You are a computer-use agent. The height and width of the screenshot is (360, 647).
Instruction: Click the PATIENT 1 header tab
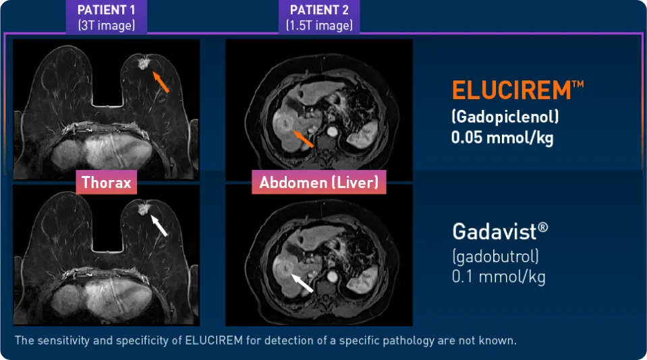tap(107, 17)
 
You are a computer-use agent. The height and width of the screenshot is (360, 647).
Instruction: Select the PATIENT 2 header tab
tap(319, 17)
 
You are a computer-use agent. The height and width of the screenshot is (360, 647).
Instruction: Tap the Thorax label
tap(107, 182)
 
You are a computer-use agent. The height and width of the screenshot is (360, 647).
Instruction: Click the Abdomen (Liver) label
tap(319, 182)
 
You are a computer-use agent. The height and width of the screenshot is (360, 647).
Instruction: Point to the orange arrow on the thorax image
tap(161, 82)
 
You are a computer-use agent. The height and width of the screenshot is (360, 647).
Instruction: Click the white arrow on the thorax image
tap(159, 226)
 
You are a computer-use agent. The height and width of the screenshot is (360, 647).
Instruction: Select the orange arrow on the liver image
tap(304, 139)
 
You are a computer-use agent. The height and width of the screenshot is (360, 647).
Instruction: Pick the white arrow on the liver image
tap(302, 283)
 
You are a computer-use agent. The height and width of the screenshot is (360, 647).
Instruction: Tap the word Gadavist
tap(495, 231)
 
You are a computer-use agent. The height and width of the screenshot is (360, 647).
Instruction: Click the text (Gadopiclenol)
tap(505, 117)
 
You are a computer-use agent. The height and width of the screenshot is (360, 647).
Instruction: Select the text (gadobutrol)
tap(496, 256)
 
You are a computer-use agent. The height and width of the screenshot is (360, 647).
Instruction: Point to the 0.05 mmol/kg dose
tap(502, 138)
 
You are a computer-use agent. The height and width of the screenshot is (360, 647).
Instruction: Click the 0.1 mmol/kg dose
tap(499, 276)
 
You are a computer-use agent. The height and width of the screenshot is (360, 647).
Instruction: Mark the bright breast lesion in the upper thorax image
tap(143, 63)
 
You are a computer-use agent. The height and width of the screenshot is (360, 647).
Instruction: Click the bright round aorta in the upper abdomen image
tap(332, 132)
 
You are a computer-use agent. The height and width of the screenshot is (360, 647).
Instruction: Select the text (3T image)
tap(107, 26)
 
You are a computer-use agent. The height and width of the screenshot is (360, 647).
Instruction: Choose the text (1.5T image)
tap(319, 26)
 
